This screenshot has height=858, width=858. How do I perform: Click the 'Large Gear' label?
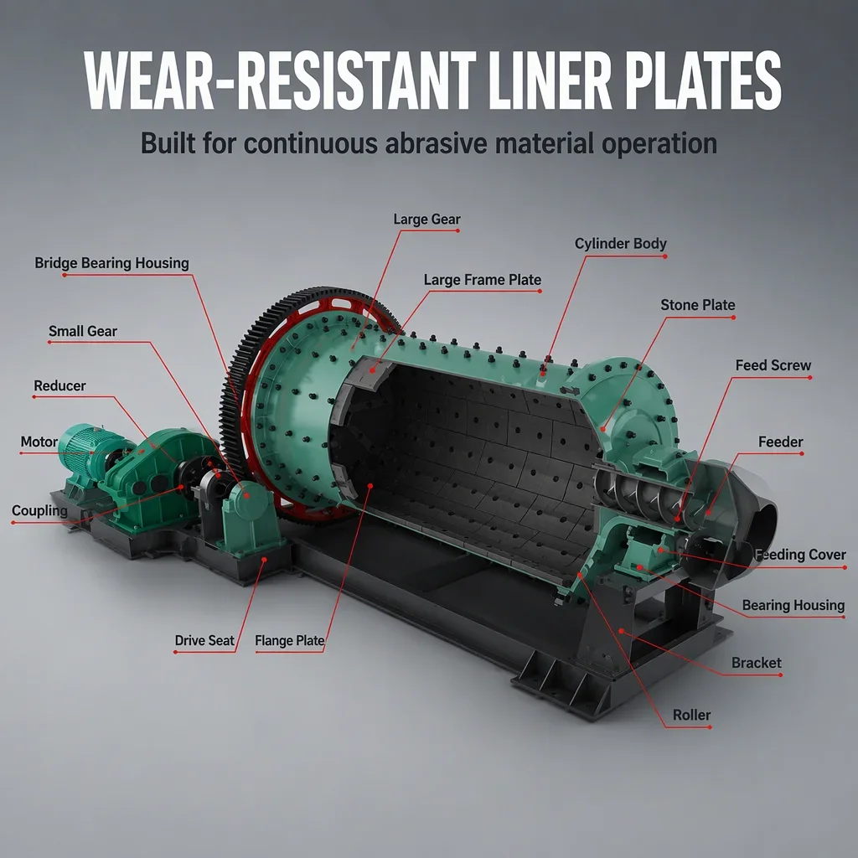426,220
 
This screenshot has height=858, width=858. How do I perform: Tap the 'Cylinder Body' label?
621,244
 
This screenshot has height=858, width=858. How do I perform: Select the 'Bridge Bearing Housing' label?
111,263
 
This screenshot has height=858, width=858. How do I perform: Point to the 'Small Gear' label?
83,331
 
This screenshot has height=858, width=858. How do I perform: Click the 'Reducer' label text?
59,385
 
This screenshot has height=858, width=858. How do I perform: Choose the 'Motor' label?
39,442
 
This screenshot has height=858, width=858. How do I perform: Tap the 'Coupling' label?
39,510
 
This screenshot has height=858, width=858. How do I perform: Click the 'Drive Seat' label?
204,640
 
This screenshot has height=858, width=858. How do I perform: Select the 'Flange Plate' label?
289,640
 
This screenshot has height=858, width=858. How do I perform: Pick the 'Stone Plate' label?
698,305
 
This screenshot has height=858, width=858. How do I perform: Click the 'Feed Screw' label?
773,365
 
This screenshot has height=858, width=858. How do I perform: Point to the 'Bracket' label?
757,663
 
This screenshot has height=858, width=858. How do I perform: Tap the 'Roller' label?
691,715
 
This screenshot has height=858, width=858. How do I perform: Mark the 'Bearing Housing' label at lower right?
793,605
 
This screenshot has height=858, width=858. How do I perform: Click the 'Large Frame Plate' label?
482,280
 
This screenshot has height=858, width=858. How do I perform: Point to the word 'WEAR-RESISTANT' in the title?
280,81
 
